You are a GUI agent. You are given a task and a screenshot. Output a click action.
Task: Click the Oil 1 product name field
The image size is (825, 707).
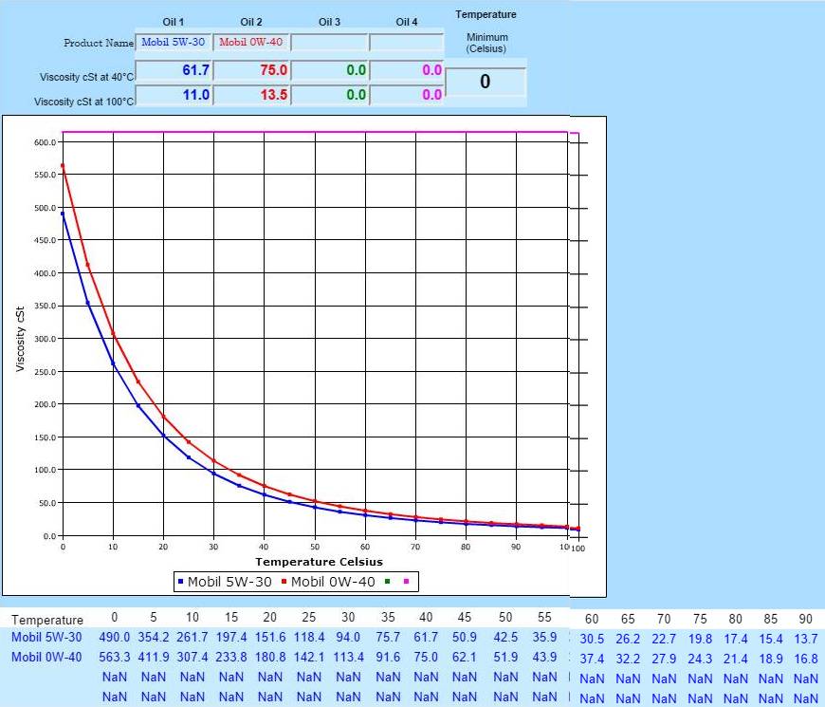[174, 43]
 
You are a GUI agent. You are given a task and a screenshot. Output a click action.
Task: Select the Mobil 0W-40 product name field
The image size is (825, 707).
[251, 43]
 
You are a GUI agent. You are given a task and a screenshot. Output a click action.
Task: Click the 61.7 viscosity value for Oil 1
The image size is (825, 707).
[174, 71]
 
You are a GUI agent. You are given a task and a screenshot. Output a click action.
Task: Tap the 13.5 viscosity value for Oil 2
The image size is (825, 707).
[251, 95]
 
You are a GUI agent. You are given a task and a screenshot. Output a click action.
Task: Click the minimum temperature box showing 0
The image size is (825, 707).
[485, 83]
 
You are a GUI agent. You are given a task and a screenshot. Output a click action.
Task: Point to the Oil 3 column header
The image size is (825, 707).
[329, 22]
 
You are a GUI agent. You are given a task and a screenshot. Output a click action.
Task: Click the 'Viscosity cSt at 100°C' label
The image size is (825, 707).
[84, 102]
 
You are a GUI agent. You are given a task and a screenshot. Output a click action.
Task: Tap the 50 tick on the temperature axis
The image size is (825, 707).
[315, 548]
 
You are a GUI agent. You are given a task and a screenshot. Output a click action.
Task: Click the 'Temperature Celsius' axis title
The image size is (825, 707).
[319, 562]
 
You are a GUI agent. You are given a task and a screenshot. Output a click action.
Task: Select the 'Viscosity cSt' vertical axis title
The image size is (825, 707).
[21, 339]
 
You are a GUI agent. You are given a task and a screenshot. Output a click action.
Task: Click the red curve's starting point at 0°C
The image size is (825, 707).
[63, 165]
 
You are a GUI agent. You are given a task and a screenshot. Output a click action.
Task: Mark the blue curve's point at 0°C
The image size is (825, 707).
[63, 214]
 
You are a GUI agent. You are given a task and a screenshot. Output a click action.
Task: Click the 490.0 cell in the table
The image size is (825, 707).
[115, 639]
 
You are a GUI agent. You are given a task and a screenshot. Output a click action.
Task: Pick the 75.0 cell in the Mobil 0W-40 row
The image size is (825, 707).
[425, 658]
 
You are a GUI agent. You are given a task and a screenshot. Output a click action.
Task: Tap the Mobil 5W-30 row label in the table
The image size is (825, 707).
[46, 639]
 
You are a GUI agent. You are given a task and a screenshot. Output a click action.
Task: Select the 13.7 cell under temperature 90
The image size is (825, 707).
[805, 640]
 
